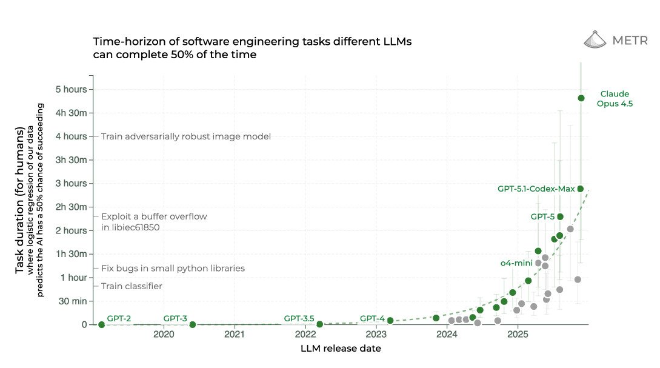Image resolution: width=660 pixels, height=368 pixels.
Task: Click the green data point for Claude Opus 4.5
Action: [x=581, y=98]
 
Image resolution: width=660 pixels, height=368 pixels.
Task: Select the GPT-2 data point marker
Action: [x=101, y=325]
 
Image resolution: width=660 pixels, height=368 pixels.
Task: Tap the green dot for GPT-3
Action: [x=192, y=325]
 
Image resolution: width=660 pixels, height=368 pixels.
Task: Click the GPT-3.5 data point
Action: [x=319, y=324]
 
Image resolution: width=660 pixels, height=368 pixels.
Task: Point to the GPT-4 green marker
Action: [x=390, y=321]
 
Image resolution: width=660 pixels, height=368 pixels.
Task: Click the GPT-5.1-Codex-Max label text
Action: [x=536, y=189]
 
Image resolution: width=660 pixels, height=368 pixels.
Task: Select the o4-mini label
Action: [x=516, y=263]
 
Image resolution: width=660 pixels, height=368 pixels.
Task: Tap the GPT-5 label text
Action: [x=542, y=216]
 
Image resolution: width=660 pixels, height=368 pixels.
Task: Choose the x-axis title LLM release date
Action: [x=341, y=349]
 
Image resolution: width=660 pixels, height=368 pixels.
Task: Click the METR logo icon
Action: [x=595, y=40]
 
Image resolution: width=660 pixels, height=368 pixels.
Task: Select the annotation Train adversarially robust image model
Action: [x=185, y=136]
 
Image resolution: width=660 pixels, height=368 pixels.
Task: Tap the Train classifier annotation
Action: [x=132, y=286]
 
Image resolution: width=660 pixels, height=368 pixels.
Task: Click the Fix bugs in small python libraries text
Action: [x=173, y=268]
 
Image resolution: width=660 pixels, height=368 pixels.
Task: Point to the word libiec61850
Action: [x=134, y=227]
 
